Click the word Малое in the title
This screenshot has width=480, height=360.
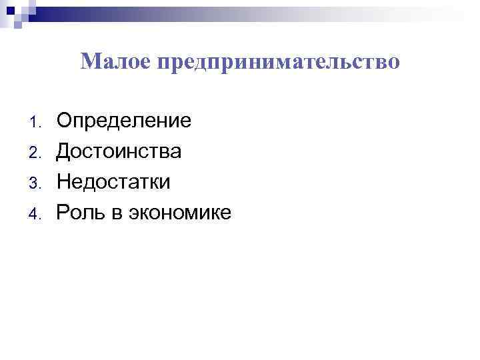pos(117,62)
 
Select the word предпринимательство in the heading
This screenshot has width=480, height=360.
pos(279,63)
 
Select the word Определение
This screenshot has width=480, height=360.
pos(123,121)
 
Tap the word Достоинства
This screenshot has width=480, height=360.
pos(118,151)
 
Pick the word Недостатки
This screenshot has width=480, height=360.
pos(113,182)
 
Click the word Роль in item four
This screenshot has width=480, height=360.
pos(79,213)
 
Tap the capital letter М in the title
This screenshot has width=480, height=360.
pos(89,62)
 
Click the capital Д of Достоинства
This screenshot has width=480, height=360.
pos(64,151)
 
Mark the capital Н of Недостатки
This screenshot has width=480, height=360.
pos(64,182)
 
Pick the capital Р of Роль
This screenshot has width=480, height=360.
pos(63,213)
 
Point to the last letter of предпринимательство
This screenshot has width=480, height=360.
pos(395,63)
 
